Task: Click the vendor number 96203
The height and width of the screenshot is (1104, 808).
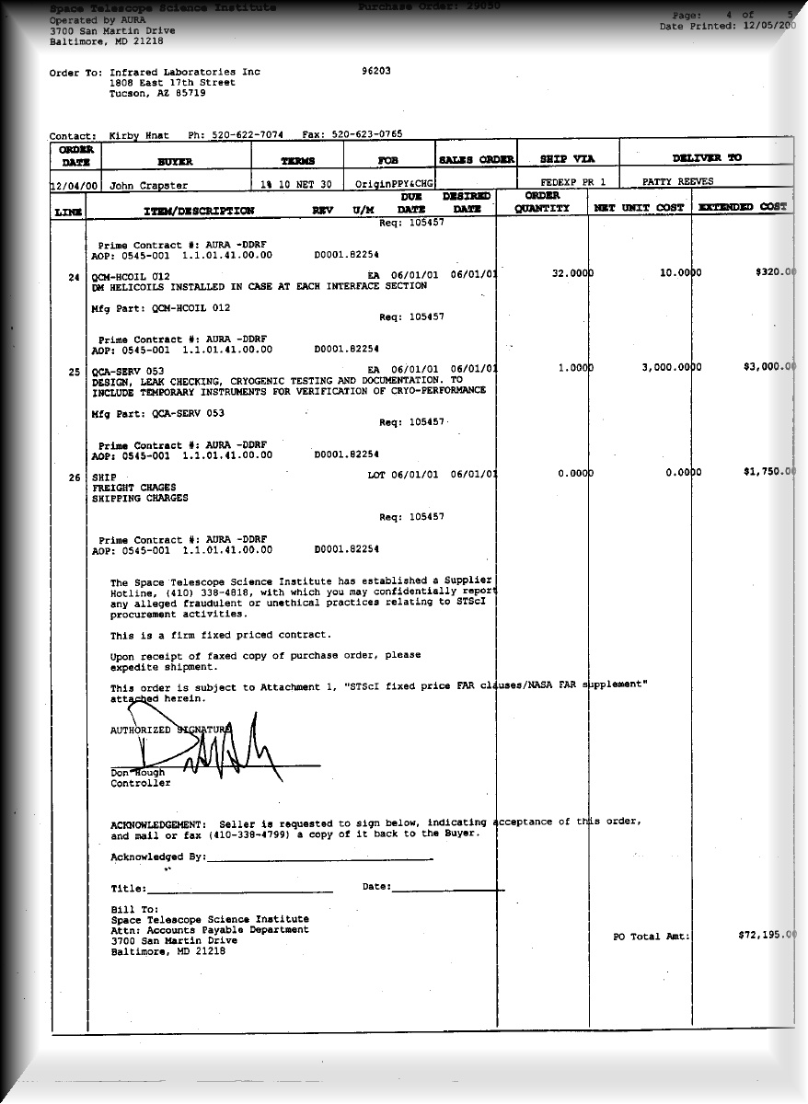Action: click(376, 72)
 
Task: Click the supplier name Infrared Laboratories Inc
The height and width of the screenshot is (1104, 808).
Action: click(185, 72)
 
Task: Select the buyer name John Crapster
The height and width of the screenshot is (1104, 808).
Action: click(149, 185)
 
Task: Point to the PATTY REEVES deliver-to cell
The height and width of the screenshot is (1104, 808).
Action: click(677, 182)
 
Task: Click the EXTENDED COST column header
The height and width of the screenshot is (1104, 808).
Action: click(744, 208)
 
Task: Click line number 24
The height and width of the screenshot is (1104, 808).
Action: click(74, 276)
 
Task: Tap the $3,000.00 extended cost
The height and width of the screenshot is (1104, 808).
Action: click(768, 366)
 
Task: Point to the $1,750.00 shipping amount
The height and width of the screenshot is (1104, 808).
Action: click(768, 472)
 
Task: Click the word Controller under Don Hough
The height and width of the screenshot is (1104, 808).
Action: click(141, 784)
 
